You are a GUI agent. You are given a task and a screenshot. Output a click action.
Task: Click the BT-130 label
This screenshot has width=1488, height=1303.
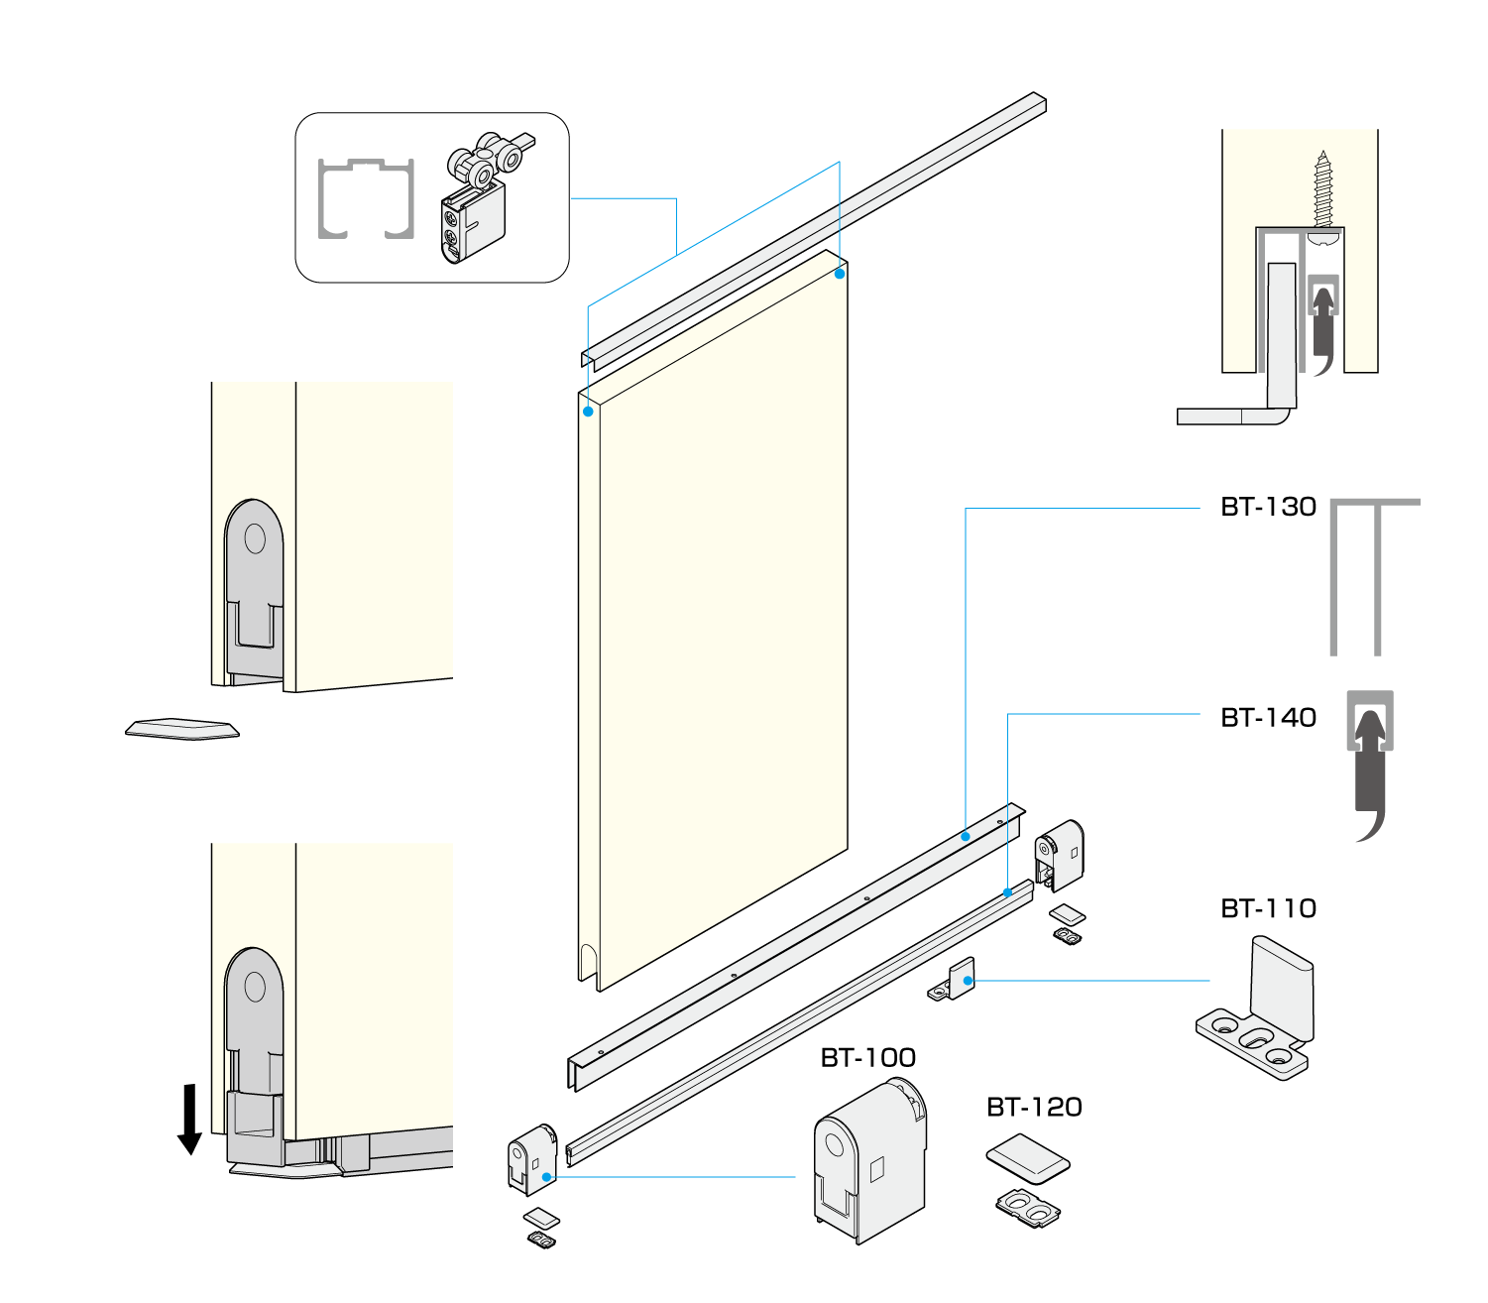1268,507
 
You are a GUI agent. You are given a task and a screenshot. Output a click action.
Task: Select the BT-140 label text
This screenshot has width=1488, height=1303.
1268,718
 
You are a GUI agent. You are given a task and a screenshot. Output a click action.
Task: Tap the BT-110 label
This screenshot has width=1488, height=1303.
1268,908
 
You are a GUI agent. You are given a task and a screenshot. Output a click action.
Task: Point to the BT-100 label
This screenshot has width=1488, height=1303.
867,1058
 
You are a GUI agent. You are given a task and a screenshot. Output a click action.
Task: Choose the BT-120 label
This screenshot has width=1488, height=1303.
1034,1108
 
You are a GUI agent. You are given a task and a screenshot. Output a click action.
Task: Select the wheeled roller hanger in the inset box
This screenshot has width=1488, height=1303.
481,198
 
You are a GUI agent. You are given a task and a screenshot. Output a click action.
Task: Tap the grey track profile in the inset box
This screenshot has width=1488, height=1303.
365,198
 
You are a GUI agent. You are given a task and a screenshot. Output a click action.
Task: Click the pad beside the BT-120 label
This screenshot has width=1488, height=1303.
1028,1158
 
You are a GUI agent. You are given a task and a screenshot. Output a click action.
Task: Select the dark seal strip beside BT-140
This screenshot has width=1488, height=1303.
1371,773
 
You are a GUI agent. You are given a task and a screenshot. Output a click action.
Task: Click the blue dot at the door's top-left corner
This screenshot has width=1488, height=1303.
588,411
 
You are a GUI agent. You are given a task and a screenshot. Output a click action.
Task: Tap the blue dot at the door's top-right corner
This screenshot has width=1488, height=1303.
840,274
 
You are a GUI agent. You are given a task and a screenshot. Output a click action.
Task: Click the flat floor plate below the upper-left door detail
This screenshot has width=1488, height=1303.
182,729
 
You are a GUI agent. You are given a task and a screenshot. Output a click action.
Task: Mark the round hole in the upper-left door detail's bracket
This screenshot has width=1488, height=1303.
255,538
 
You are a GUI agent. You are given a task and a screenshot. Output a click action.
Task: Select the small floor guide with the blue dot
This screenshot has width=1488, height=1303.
956,983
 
